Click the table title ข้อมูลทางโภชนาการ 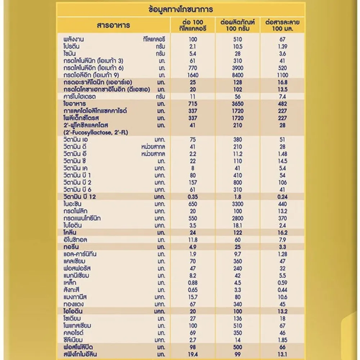tap(180, 9)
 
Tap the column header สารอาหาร tap(113, 26)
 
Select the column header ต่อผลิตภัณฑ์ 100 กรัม tap(237, 26)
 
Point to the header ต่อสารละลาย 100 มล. tap(282, 26)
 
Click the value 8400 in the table tap(237, 75)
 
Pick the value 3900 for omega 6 tap(237, 68)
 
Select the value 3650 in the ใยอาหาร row tap(237, 104)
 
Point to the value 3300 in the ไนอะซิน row tap(237, 204)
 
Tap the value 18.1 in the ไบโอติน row tap(237, 225)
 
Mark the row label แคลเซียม tap(75, 261)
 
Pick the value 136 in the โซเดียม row tap(237, 318)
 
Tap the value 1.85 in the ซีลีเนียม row tap(282, 340)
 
